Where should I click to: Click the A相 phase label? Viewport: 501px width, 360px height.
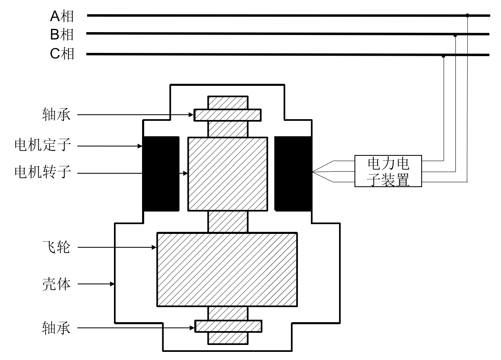(62, 16)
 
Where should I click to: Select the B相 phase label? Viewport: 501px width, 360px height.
(62, 35)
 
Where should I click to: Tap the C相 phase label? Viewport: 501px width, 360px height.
(62, 54)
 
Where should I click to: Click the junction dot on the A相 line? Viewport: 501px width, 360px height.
(467, 15)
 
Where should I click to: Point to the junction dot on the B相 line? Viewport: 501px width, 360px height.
(455, 35)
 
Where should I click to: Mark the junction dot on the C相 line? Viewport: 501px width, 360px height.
(443, 56)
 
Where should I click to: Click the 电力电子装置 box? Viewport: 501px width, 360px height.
(388, 171)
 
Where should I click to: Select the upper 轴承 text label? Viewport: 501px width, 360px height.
(56, 114)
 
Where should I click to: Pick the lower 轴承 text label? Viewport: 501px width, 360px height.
(56, 328)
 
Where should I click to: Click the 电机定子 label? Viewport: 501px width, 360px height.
(43, 145)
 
